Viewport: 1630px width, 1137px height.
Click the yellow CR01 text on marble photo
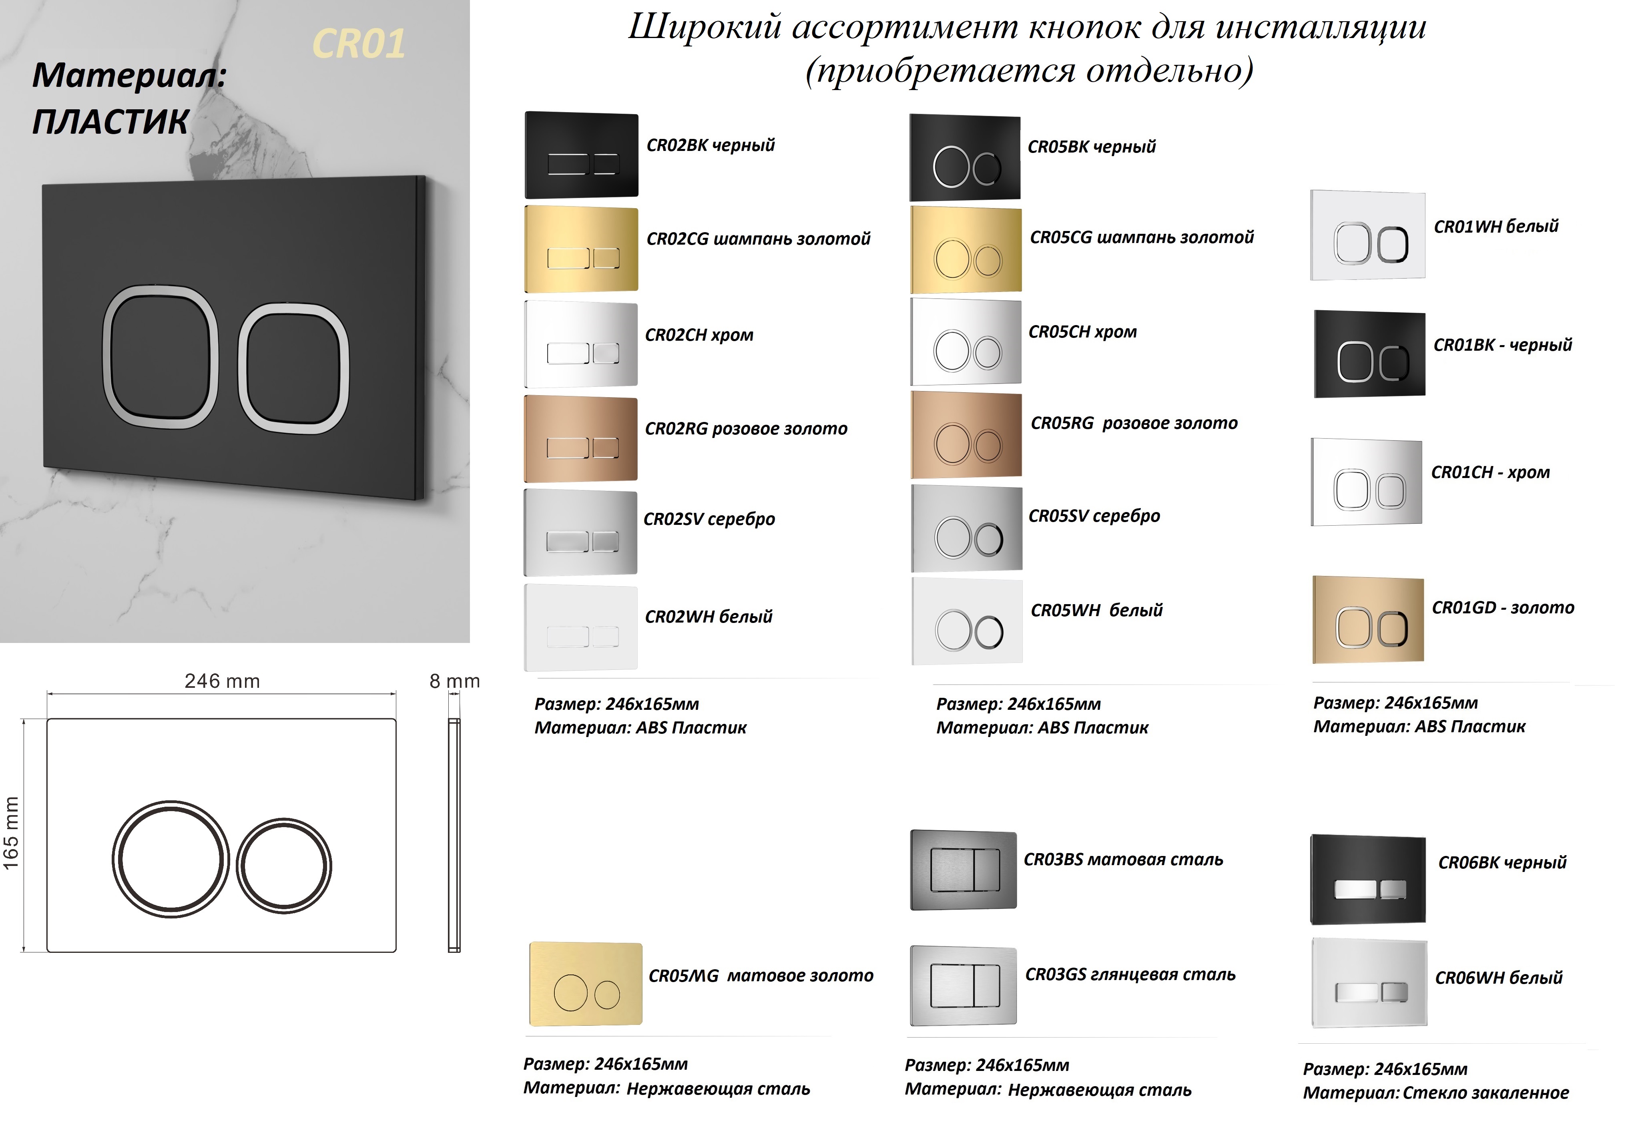point(359,44)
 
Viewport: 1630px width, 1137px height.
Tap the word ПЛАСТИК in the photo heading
point(111,121)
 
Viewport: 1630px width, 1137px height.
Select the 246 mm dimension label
point(222,681)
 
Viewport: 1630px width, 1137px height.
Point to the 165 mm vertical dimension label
point(11,833)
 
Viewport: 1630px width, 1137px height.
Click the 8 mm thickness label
point(454,681)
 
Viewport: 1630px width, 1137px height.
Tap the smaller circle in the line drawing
point(284,866)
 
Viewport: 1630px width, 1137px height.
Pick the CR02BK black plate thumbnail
point(581,155)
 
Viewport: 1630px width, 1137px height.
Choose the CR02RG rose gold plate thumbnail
point(581,439)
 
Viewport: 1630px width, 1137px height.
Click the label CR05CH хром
point(1082,331)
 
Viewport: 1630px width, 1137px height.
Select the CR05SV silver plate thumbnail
point(966,528)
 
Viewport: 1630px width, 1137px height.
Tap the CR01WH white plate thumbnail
point(1367,235)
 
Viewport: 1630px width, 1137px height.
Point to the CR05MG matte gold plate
point(586,984)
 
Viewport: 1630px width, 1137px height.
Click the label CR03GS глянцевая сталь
point(1130,974)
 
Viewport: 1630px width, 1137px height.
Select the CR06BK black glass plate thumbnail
point(1367,879)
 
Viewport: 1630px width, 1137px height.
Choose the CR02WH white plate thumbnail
point(581,627)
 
